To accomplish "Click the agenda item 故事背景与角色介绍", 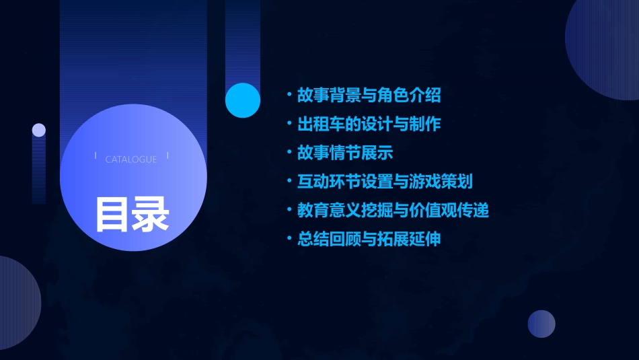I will pyautogui.click(x=369, y=96).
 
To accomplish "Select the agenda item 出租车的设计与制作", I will pyautogui.click(x=369, y=124).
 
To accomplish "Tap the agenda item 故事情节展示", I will pyautogui.click(x=345, y=153).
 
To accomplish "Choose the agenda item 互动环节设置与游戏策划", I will pyautogui.click(x=385, y=182).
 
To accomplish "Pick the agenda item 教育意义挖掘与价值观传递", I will pyautogui.click(x=393, y=210).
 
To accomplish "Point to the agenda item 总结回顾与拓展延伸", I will pyautogui.click(x=369, y=239).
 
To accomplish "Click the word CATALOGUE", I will pyautogui.click(x=131, y=159).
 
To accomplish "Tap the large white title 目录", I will pyautogui.click(x=132, y=214).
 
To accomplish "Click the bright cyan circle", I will pyautogui.click(x=243, y=100).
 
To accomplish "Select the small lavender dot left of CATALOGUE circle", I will pyautogui.click(x=39, y=131).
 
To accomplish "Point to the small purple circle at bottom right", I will pyautogui.click(x=541, y=324).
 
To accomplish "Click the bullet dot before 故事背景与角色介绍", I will pyautogui.click(x=289, y=96).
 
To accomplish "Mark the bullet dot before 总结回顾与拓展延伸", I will pyautogui.click(x=289, y=239).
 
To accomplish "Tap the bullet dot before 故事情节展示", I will pyautogui.click(x=289, y=153).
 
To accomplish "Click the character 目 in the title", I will pyautogui.click(x=112, y=214).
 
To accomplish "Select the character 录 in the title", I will pyautogui.click(x=151, y=214).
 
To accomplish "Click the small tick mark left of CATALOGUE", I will pyautogui.click(x=96, y=156).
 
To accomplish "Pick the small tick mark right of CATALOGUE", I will pyautogui.click(x=167, y=156).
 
